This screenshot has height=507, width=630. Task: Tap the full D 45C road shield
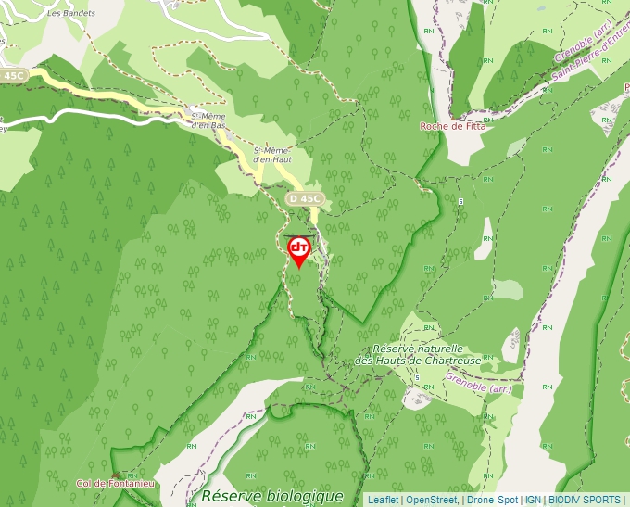coord(305,198)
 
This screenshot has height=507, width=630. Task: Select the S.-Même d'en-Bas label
coord(207,120)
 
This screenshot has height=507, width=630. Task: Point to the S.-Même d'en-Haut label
coord(272,155)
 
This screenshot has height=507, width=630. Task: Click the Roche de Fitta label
coord(452,127)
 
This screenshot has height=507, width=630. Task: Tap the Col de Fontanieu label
coord(116,483)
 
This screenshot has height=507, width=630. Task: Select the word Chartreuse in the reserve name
coord(457,361)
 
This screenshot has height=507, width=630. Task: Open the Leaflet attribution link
coord(383,500)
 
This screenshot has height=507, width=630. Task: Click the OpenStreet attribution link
coord(431,500)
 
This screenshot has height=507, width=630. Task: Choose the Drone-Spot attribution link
coord(492,500)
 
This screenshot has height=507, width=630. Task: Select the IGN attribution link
coord(534,500)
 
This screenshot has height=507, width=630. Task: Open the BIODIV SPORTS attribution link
coord(585,500)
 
